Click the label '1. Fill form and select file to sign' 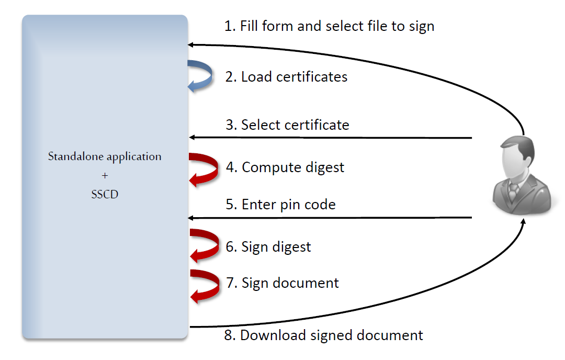329,26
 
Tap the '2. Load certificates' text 286,77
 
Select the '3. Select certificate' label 287,125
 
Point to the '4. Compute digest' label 285,167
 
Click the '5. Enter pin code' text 280,205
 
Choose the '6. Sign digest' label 268,246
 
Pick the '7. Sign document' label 282,283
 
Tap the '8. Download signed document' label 323,335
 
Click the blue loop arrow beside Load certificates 201,76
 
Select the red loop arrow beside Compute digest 205,168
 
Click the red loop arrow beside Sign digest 205,245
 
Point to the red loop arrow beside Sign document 205,286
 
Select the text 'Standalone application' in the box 105,156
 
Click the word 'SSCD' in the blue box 105,194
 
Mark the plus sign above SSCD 105,175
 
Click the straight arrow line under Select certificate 330,138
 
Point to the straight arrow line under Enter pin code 330,217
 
